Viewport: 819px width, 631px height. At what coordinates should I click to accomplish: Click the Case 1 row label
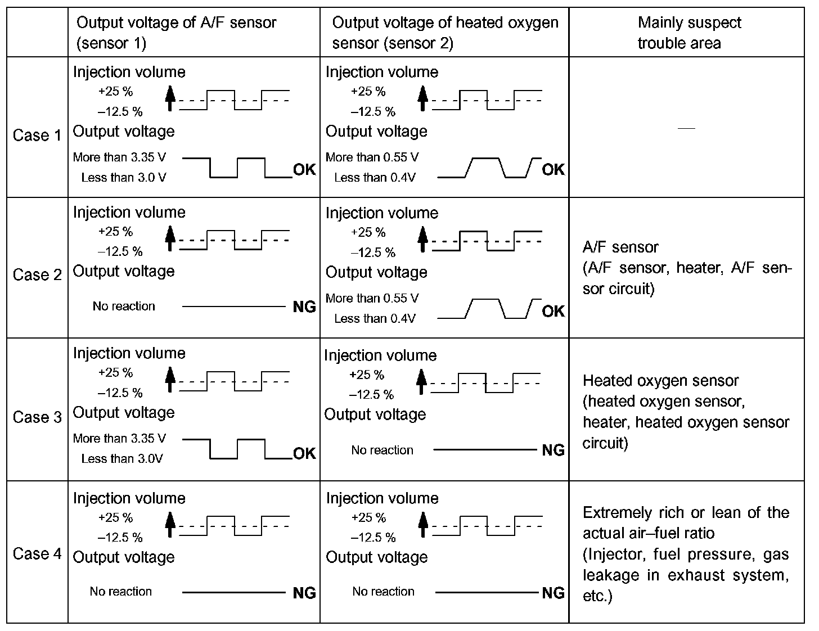(37, 136)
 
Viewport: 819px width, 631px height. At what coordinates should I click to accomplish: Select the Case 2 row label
(37, 275)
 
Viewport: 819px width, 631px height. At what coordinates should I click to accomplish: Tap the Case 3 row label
(37, 417)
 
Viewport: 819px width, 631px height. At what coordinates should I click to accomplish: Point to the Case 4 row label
(37, 554)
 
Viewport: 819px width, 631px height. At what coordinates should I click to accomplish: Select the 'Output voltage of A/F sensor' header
(176, 33)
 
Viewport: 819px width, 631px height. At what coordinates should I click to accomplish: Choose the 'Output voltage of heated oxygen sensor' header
(444, 33)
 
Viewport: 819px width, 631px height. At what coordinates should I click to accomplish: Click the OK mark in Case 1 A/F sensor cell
(304, 170)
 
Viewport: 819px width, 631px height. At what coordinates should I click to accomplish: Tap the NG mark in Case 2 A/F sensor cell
(304, 307)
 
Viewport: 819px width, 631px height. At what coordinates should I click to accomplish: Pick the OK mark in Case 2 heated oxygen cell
(553, 311)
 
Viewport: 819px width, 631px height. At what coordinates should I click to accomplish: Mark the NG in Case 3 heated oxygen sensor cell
(553, 450)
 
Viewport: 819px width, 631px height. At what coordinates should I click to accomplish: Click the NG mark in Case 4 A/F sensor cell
(304, 593)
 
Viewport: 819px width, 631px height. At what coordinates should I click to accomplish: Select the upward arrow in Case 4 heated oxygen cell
(423, 525)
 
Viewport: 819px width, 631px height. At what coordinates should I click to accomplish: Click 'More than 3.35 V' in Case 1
(119, 157)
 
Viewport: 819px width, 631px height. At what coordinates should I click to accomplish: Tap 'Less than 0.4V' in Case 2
(375, 319)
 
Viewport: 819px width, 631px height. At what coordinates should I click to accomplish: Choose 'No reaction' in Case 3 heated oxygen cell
(382, 450)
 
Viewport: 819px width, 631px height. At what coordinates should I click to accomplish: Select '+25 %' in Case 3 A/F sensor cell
(115, 373)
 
